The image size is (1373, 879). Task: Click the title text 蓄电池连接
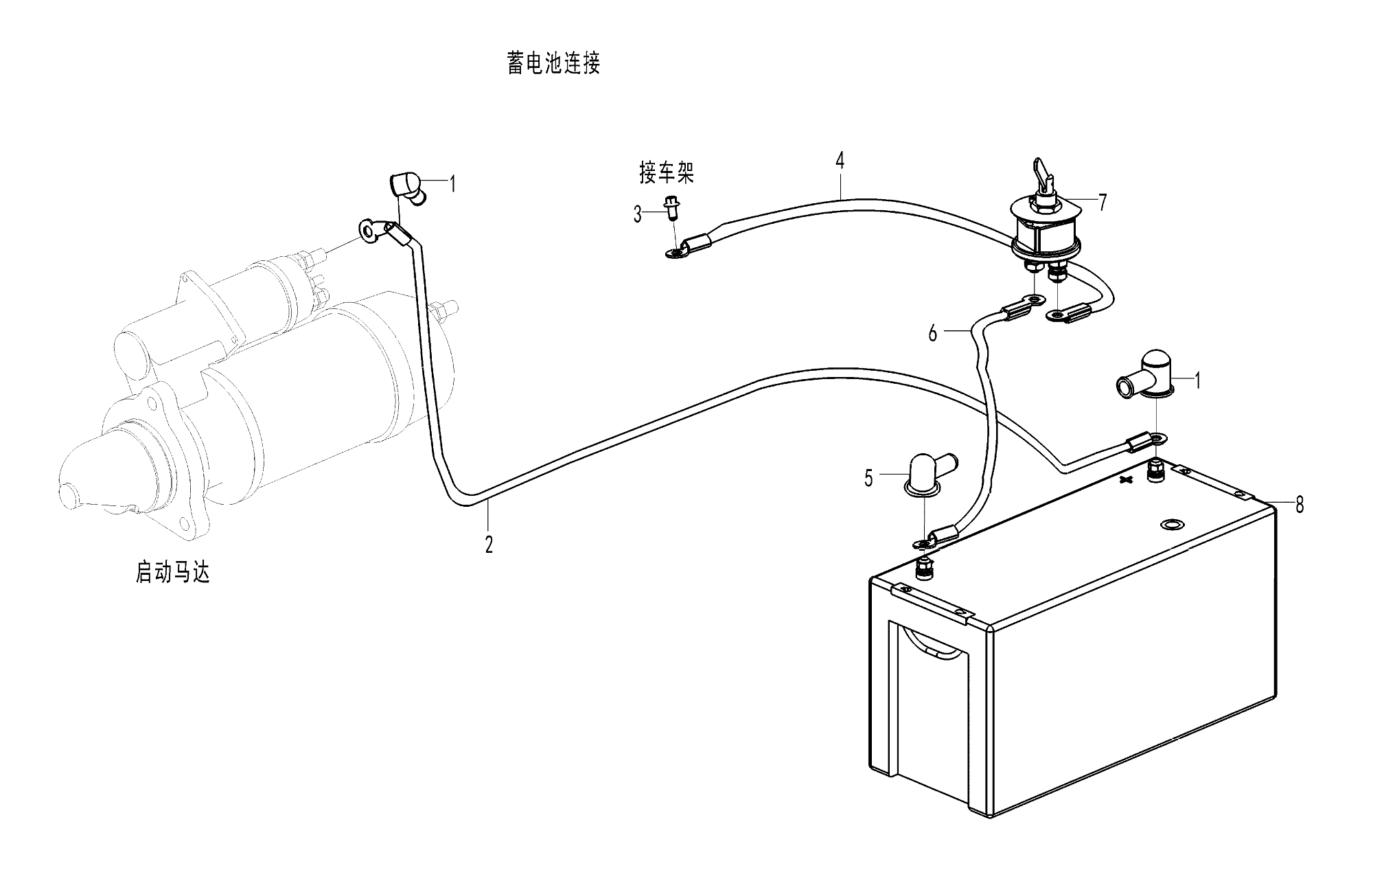click(x=553, y=64)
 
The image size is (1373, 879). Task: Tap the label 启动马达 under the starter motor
click(x=172, y=572)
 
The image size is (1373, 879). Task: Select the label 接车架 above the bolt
click(x=667, y=173)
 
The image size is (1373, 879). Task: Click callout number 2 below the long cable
click(x=488, y=545)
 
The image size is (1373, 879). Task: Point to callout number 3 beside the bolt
click(x=638, y=215)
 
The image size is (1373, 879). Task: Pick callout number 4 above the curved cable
click(x=840, y=161)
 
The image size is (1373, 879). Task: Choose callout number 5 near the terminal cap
click(x=868, y=479)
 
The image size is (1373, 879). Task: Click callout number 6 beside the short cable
click(x=932, y=334)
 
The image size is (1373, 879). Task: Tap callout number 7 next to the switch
click(x=1103, y=203)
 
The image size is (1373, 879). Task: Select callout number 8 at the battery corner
click(x=1299, y=505)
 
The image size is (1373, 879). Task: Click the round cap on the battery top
click(x=1171, y=525)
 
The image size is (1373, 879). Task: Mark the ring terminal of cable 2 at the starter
click(x=369, y=230)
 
